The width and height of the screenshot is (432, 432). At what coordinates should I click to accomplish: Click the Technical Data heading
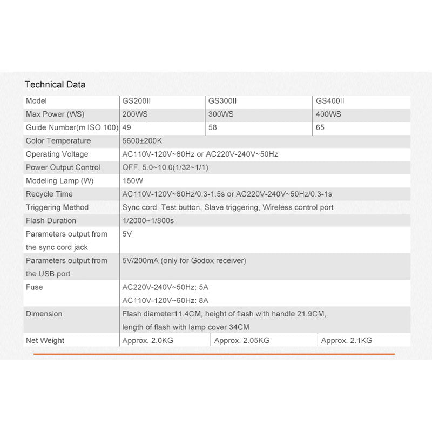tap(55, 84)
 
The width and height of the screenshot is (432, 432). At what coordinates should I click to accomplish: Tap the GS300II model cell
tap(222, 101)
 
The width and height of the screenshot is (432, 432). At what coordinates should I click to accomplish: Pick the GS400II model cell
tap(330, 101)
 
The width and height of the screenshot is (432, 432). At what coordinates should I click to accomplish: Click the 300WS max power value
tap(221, 114)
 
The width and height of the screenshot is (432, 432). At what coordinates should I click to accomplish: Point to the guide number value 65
tap(320, 128)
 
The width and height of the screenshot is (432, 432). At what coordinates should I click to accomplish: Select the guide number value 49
tap(127, 128)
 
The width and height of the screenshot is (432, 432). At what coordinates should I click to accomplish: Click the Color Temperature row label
tap(58, 141)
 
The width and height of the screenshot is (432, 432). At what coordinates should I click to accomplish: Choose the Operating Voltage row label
tap(57, 154)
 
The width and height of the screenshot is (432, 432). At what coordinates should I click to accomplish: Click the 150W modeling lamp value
tap(132, 181)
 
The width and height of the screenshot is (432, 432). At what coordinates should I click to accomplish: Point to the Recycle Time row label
tap(49, 194)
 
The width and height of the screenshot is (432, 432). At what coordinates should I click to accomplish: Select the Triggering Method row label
tap(57, 207)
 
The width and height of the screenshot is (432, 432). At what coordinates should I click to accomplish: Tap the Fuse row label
tap(34, 287)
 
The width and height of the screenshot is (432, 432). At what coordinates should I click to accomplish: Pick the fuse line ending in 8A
tap(165, 300)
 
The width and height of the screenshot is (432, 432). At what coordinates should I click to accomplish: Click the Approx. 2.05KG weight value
tap(241, 340)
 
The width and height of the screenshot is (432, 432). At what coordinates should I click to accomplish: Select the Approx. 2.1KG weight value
tap(346, 340)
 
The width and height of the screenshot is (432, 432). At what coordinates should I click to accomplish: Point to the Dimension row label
tap(44, 314)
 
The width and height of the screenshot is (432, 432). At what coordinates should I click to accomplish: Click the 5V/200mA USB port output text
tap(184, 261)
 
